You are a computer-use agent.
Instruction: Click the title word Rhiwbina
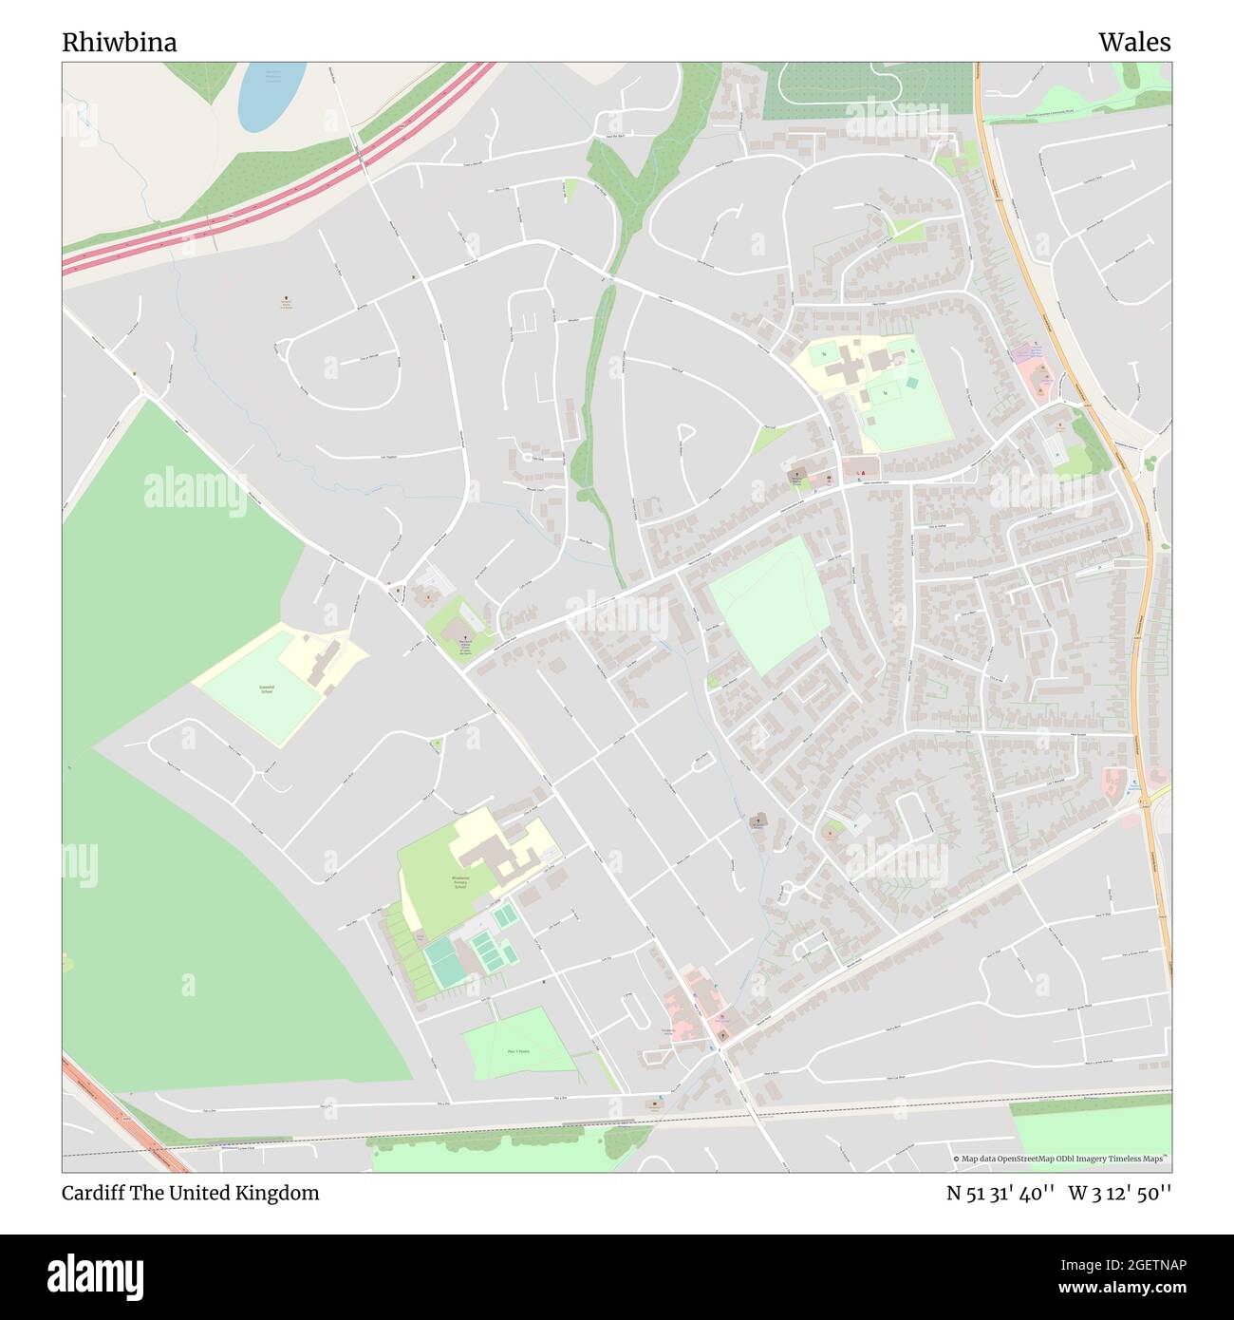pos(119,43)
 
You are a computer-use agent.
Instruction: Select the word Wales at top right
pos(1134,43)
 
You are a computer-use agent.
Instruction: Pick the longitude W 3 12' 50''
pos(1119,1193)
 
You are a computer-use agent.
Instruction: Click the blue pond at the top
pos(270,95)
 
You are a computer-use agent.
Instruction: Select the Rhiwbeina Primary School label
pos(459,880)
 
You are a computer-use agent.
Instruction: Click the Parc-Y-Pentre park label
pos(518,1051)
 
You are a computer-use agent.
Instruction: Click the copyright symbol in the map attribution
pos(956,1159)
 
